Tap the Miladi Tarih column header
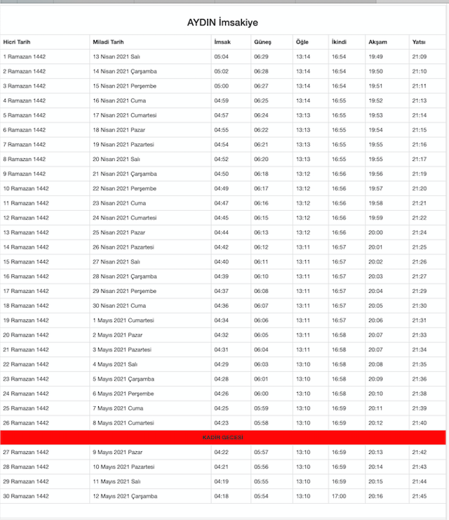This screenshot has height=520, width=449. (x=108, y=42)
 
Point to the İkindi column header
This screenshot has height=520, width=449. (x=339, y=42)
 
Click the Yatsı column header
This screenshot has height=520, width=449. (x=419, y=42)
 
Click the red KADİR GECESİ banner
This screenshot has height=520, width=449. (x=223, y=437)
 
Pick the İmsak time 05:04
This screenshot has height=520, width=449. (x=221, y=57)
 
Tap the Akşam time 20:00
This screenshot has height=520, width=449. (x=375, y=233)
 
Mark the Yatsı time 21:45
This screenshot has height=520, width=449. (x=420, y=496)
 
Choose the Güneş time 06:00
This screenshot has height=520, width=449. (x=261, y=394)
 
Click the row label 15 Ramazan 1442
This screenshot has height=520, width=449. (x=26, y=261)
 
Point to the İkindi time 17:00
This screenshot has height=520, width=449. (x=339, y=496)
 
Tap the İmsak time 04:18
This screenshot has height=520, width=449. (x=221, y=496)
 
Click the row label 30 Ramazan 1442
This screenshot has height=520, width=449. (x=26, y=496)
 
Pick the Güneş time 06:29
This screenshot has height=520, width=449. (x=261, y=57)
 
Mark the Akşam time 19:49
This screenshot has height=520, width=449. (x=375, y=57)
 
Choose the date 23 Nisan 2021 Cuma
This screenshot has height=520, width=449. (x=115, y=203)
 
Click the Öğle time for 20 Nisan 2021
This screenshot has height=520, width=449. (x=303, y=160)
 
